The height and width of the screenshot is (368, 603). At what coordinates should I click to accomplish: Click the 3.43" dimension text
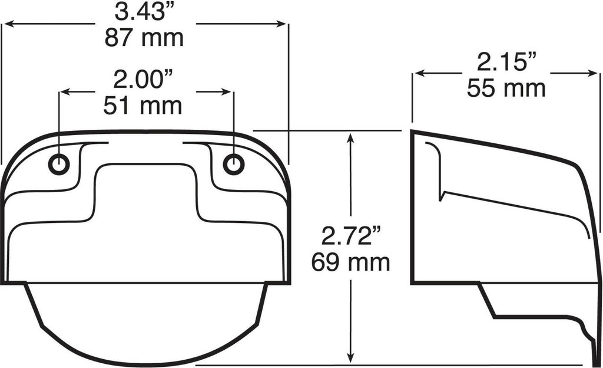(x=144, y=12)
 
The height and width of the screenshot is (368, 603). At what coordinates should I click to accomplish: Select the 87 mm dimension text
(x=144, y=38)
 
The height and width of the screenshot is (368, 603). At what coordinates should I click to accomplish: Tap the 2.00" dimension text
(x=144, y=80)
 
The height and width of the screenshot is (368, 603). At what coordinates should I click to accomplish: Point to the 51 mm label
(x=143, y=106)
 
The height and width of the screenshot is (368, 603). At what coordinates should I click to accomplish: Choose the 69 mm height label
(x=351, y=262)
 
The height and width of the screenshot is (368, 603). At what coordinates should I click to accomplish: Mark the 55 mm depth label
(x=506, y=88)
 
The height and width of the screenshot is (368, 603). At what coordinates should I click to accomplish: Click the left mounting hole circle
(x=59, y=165)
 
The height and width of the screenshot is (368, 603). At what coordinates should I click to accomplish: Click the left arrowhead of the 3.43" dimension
(x=8, y=24)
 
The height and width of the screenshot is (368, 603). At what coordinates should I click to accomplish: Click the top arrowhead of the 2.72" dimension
(x=351, y=138)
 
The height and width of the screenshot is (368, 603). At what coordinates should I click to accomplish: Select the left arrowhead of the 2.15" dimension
(x=418, y=74)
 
